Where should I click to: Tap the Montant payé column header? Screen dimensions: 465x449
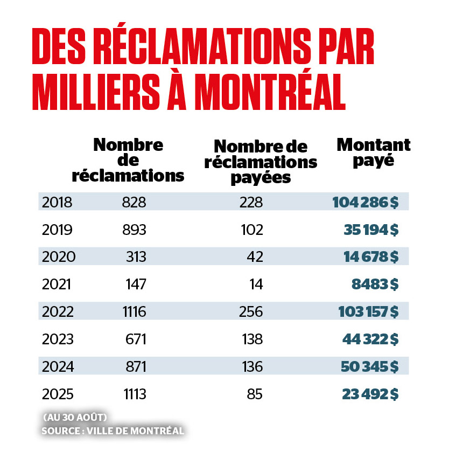pos(373,152)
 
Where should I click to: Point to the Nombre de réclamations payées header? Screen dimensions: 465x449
pos(261,161)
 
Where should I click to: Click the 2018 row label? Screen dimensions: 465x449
pos(57,202)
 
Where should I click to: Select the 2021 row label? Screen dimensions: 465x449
pos(57,284)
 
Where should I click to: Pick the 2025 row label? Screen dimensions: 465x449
pos(57,394)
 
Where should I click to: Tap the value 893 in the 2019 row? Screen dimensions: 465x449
pos(134,230)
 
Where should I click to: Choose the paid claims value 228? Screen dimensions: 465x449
pos(251,202)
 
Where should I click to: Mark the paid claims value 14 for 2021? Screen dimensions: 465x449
pos(256,284)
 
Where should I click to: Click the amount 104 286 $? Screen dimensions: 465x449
pos(366,202)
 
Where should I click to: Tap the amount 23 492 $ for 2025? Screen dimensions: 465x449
pos(370,394)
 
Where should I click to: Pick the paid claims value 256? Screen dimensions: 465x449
pos(251,311)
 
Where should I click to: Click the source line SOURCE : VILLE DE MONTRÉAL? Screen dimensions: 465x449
pos(113,431)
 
